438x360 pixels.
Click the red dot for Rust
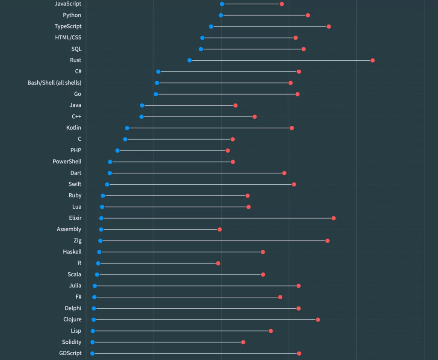[x=373, y=60]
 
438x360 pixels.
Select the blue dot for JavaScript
[x=222, y=4]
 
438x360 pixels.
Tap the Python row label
[x=72, y=15]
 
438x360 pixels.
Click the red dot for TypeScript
[x=328, y=27]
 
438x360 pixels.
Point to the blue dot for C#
[x=158, y=71]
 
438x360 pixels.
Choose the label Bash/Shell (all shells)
[x=54, y=83]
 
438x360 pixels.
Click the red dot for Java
[x=235, y=105]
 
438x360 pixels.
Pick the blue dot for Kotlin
[x=127, y=128]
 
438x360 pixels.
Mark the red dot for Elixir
[x=334, y=218]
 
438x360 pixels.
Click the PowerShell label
[x=67, y=162]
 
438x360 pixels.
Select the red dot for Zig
[x=328, y=241]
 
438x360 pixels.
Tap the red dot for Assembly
[x=220, y=230]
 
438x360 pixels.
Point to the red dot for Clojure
[x=318, y=320]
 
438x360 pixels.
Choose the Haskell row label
[x=72, y=252]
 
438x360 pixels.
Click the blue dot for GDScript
[x=92, y=354]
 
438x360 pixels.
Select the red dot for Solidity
[x=243, y=342]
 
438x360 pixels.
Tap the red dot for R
[x=218, y=263]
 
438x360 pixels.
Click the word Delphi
[x=73, y=308]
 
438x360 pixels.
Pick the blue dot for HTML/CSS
[x=202, y=38]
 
